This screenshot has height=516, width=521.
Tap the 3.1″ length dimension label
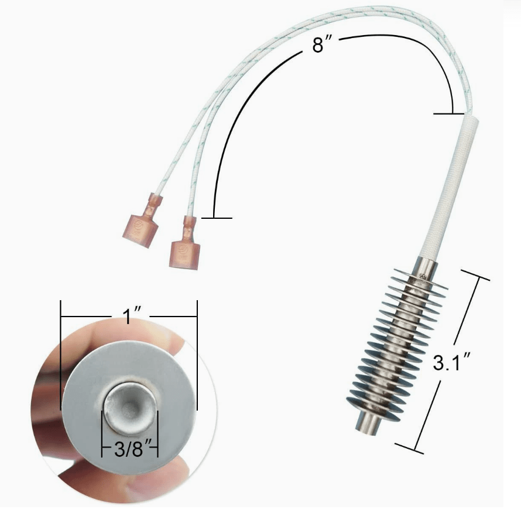[x=451, y=362]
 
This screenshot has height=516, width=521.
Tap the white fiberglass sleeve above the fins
[x=449, y=188]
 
